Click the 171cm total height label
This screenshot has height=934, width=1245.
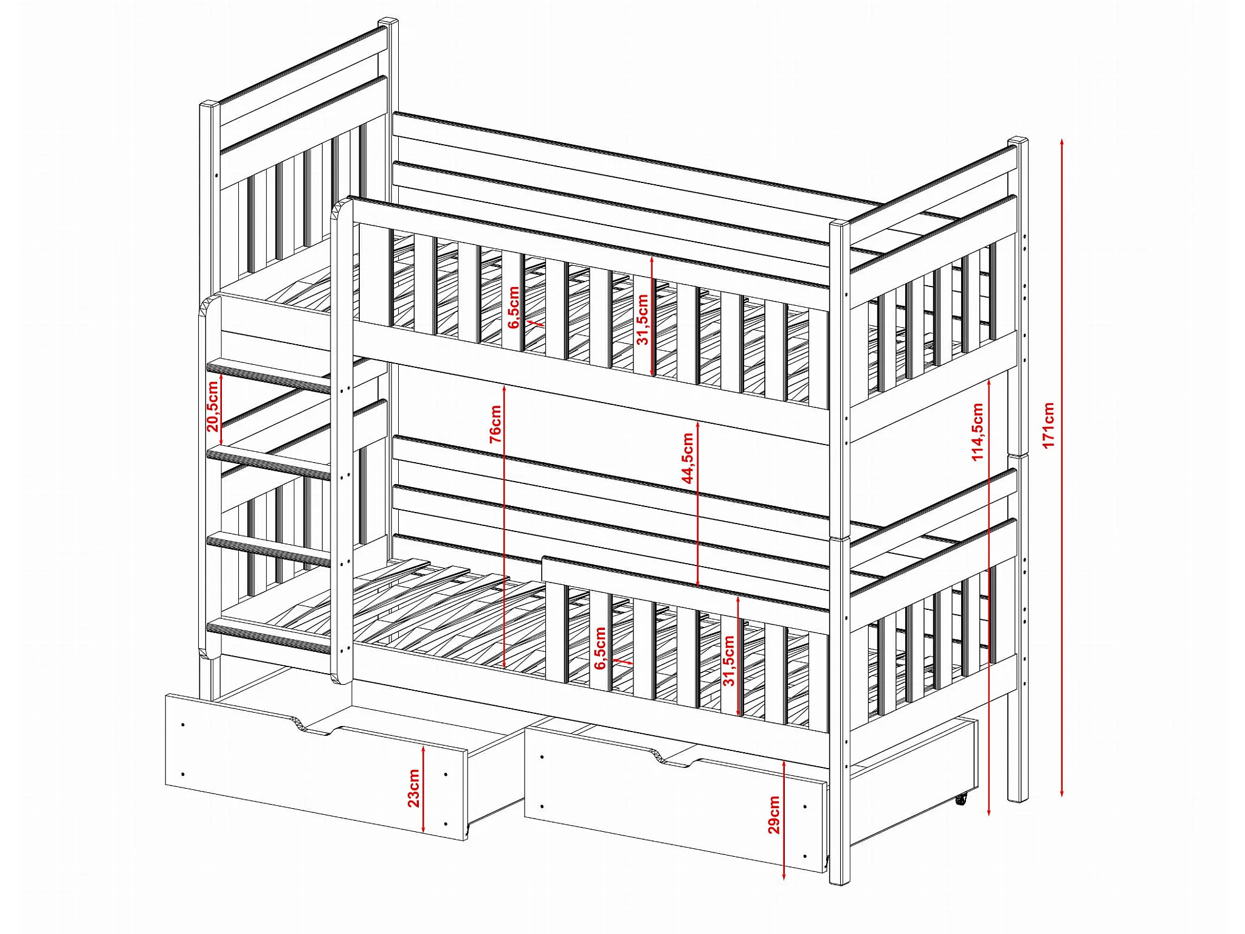[x=1049, y=425]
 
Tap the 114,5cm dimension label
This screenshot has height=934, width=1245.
[x=977, y=432]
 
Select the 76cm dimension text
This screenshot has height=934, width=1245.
[x=495, y=424]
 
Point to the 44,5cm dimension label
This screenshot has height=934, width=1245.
[x=688, y=458]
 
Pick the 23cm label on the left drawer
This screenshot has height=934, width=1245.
[x=413, y=788]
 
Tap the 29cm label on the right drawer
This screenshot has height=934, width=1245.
[x=773, y=814]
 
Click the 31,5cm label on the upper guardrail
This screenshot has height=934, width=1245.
[x=643, y=320]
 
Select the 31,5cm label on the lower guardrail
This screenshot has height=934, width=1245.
[x=729, y=661]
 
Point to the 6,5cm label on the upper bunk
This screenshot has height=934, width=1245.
[x=514, y=307]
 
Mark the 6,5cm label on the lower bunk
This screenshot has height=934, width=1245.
[x=600, y=648]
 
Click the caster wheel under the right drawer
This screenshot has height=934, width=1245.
[x=960, y=800]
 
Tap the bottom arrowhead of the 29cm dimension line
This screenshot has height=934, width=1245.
[x=784, y=876]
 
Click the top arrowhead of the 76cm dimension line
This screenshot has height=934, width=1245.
[x=505, y=388]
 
